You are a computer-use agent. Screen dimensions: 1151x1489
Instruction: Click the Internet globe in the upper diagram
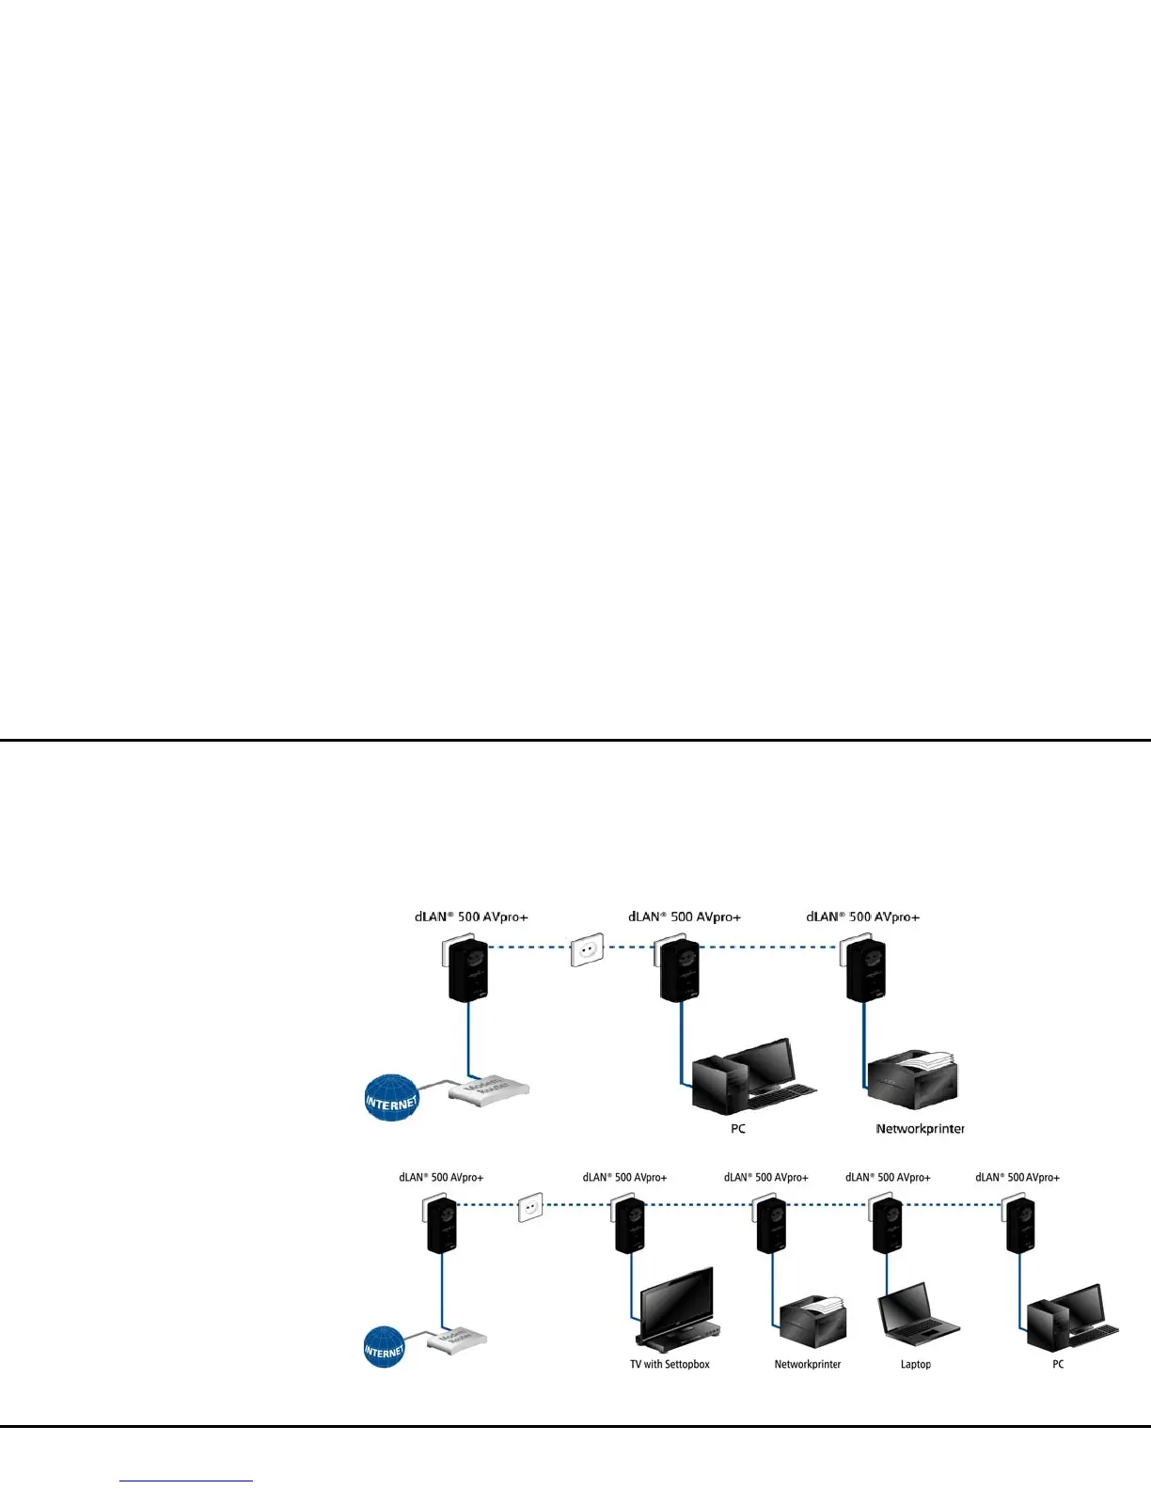pos(391,1098)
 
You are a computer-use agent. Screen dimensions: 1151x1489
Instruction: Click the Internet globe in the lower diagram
pos(384,1347)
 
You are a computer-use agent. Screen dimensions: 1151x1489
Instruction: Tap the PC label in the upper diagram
pos(738,1128)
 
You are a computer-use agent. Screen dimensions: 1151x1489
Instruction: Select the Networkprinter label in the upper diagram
pos(920,1128)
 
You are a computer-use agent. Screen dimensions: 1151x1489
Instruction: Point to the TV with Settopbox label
pos(670,1364)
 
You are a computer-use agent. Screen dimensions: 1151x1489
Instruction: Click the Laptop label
pos(915,1364)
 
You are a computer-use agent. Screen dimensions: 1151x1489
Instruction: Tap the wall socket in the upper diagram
pos(587,950)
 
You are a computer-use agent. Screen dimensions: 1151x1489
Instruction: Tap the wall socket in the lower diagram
pos(530,1207)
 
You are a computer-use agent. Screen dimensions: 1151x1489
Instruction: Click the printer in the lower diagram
pos(813,1322)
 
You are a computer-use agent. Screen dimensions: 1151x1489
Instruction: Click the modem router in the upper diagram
pos(489,1089)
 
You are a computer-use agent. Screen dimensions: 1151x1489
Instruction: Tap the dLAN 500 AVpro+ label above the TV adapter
pos(624,1177)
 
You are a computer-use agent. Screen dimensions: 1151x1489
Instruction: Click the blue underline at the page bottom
pos(186,1481)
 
